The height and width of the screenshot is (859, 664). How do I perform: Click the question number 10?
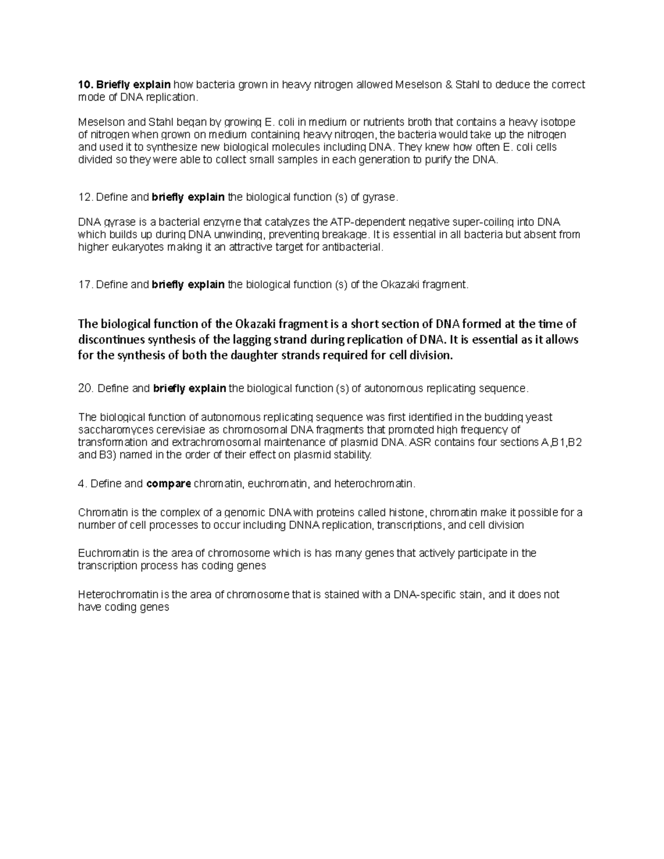pos(85,85)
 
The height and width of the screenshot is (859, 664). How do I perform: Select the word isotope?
pos(559,122)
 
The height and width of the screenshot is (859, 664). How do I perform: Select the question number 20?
pos(86,389)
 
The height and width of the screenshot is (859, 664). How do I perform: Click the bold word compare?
pos(169,484)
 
